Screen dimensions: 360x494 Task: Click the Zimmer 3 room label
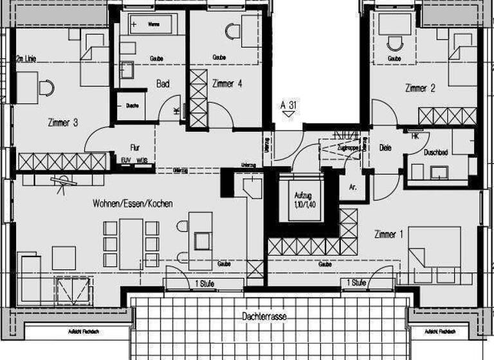pos(62,122)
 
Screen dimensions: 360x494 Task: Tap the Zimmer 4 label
pos(227,83)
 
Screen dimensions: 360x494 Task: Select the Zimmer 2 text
pos(420,88)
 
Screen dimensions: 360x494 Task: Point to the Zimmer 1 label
pos(389,235)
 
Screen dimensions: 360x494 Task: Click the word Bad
pos(163,84)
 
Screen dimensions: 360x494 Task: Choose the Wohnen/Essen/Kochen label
pos(133,203)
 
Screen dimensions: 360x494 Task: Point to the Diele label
pos(385,147)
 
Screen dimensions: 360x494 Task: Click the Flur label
pos(135,147)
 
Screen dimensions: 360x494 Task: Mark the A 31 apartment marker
pos(289,104)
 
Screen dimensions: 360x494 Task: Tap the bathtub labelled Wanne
pos(153,24)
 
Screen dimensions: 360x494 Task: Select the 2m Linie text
pos(26,59)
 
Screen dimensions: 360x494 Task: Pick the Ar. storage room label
pos(353,187)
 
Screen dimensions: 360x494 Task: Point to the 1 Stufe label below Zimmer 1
pos(357,283)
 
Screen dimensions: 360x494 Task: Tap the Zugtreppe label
pos(348,147)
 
